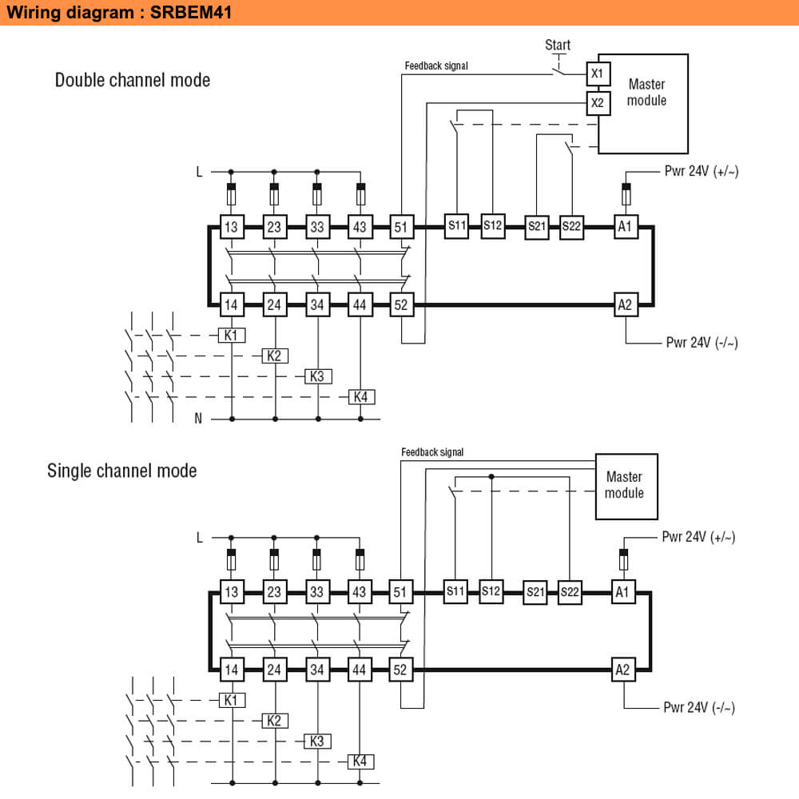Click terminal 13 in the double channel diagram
pyautogui.click(x=231, y=227)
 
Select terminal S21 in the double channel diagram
pyautogui.click(x=537, y=228)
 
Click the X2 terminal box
pyautogui.click(x=598, y=102)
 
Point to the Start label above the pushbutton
pyautogui.click(x=558, y=45)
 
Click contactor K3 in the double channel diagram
pyautogui.click(x=318, y=376)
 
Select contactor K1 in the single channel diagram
pyautogui.click(x=232, y=700)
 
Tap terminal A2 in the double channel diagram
pyautogui.click(x=625, y=304)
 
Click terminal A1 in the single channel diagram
pyautogui.click(x=622, y=593)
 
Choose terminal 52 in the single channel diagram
pyautogui.click(x=400, y=670)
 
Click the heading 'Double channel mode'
pyautogui.click(x=133, y=80)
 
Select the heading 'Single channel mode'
pyautogui.click(x=122, y=470)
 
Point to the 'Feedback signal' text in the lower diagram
pyautogui.click(x=432, y=452)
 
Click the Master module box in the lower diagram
pyautogui.click(x=626, y=486)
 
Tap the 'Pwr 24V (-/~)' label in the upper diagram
pyautogui.click(x=702, y=343)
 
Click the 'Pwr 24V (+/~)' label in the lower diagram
pyautogui.click(x=699, y=537)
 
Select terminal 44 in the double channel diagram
pyautogui.click(x=360, y=304)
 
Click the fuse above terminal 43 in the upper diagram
pyautogui.click(x=360, y=193)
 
